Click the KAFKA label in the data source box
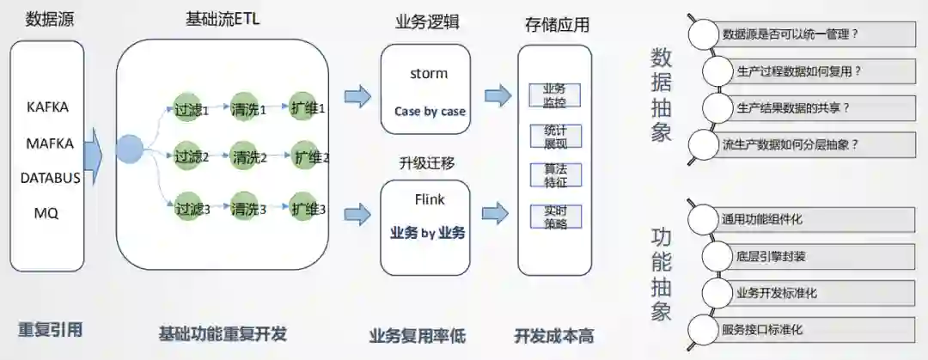(48, 107)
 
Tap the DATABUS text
(51, 178)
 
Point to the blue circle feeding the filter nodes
(129, 149)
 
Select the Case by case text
(430, 112)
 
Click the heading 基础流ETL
(223, 19)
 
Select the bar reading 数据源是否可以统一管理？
(812, 34)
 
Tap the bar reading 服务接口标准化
(812, 329)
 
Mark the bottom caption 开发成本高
(554, 335)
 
